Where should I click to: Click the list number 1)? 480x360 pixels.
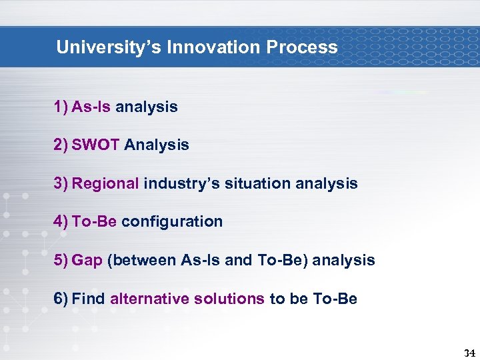(x=61, y=107)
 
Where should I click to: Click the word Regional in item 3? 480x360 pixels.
(x=105, y=183)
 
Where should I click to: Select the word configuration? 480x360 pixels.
(x=172, y=221)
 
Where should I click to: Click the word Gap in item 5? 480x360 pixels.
(x=87, y=260)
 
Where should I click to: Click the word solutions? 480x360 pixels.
(x=229, y=299)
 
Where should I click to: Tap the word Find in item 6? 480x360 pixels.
(x=88, y=299)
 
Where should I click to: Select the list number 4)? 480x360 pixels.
(x=61, y=221)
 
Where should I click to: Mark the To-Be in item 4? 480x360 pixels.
(x=94, y=221)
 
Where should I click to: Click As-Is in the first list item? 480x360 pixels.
(x=91, y=107)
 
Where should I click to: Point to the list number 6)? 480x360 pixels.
(x=61, y=299)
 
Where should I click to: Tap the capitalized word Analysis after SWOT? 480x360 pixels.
(x=157, y=145)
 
